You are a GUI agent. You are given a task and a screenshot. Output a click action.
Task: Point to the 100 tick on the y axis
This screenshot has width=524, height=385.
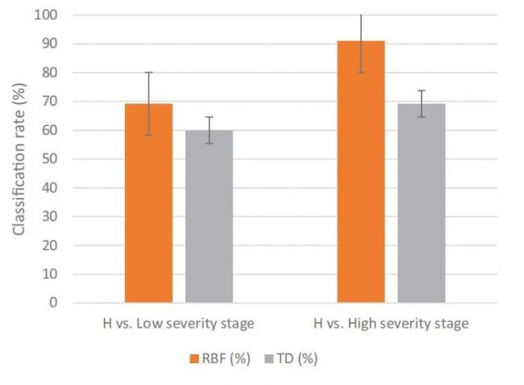coord(47,15)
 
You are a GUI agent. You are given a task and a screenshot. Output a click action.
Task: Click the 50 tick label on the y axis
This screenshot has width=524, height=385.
coord(50,159)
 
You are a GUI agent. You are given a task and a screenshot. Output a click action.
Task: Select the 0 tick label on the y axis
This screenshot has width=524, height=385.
coord(53,303)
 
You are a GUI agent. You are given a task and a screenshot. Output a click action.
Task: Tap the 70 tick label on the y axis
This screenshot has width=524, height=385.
coord(50,102)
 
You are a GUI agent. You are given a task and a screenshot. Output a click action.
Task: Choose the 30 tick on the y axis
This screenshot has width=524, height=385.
coord(50,216)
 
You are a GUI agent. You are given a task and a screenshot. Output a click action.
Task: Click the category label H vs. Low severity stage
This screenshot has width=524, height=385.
coord(179,324)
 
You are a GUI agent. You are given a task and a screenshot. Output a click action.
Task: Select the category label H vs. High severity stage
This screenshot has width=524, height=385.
coord(391,324)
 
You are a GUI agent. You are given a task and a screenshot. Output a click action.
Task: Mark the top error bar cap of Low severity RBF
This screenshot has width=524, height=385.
coord(149,73)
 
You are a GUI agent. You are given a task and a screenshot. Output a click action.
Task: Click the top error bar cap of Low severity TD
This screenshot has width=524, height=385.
coord(209,117)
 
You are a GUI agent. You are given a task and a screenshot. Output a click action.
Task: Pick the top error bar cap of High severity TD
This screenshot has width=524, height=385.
coord(421,90)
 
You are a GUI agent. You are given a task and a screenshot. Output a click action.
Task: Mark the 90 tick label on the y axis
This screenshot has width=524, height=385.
coord(50,44)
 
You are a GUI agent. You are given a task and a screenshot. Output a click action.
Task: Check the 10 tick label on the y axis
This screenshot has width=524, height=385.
coord(50,274)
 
